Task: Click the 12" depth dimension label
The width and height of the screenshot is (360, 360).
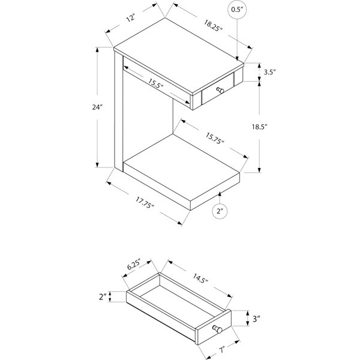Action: click(x=131, y=17)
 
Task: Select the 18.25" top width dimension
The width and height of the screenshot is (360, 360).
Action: click(x=213, y=25)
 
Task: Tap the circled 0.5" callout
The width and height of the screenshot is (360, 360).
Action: click(x=237, y=10)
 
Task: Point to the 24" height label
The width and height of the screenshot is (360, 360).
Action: click(x=97, y=107)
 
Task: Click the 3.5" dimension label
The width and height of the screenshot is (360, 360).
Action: click(x=269, y=72)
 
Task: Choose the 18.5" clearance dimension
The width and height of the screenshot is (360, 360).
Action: click(x=260, y=127)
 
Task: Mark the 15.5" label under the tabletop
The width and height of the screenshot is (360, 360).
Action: click(x=155, y=83)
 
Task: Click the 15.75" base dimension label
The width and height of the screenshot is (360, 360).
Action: click(x=214, y=139)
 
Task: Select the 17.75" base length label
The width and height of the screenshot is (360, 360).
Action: click(x=145, y=202)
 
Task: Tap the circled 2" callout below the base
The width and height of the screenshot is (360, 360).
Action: click(x=220, y=211)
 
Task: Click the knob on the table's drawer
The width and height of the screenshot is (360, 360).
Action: click(x=220, y=90)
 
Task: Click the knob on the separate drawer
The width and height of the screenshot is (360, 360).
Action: click(x=217, y=329)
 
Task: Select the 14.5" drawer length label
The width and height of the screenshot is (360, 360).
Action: click(x=200, y=278)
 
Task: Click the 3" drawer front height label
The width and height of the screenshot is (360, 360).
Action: click(x=256, y=319)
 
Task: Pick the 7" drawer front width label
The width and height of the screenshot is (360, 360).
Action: click(x=221, y=350)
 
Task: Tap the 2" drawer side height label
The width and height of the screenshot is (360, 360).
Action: click(x=103, y=296)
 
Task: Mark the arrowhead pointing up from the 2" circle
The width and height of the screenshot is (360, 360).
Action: click(x=220, y=194)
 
